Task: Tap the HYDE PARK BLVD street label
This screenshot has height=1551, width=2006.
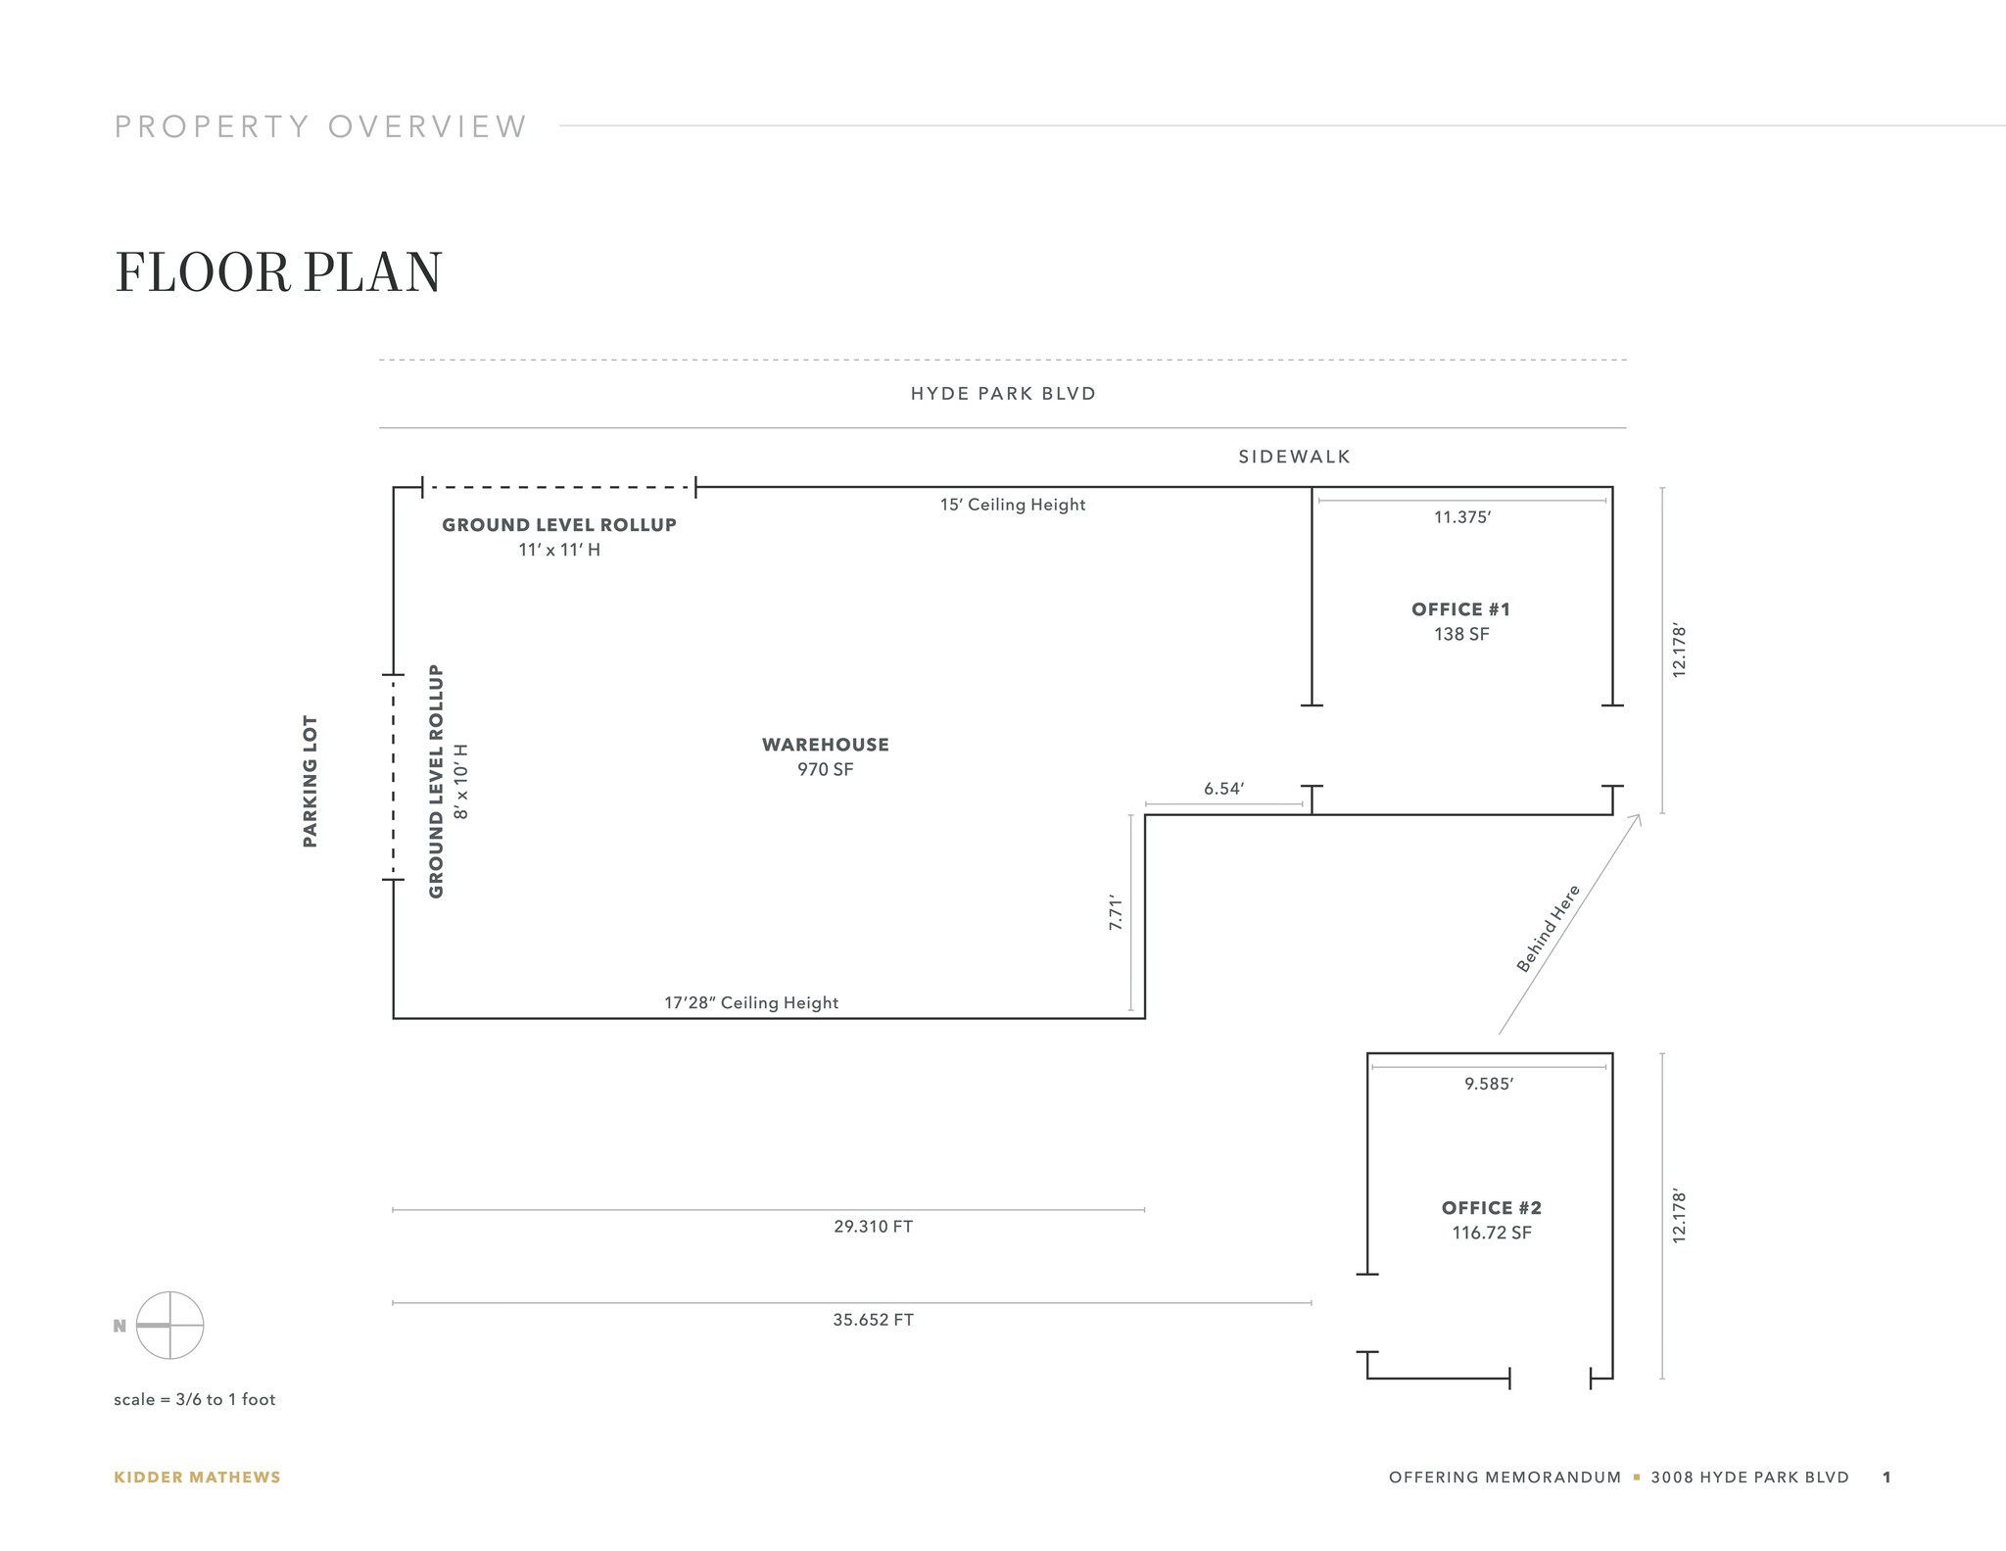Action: pos(1003,394)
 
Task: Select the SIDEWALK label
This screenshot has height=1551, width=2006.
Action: pos(1294,457)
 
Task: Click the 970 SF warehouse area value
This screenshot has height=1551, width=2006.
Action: pos(825,770)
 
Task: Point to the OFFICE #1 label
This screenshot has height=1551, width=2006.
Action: pos(1460,609)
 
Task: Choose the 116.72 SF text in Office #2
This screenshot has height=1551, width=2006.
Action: pos(1491,1233)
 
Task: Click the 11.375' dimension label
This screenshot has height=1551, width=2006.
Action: pos(1461,517)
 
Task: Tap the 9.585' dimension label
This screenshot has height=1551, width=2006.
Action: pos(1489,1084)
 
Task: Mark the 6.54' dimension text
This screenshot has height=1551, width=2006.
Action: pos(1223,789)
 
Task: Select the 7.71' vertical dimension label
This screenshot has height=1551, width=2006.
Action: pos(1115,912)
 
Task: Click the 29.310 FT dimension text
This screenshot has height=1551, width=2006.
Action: pos(873,1227)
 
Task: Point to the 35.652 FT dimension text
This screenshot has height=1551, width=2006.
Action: pos(873,1320)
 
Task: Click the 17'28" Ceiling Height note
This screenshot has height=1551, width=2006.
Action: pos(751,1003)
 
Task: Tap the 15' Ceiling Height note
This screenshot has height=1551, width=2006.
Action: pos(1013,505)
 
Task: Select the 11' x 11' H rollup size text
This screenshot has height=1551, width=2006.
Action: pos(559,550)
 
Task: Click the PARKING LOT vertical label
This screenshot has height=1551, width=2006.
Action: pos(310,781)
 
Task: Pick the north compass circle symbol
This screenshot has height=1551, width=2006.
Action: pos(169,1326)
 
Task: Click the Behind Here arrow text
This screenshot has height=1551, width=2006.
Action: pos(1548,929)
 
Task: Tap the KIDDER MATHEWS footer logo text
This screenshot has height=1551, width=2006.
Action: pos(197,1478)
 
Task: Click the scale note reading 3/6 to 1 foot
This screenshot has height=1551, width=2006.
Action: pos(194,1399)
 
